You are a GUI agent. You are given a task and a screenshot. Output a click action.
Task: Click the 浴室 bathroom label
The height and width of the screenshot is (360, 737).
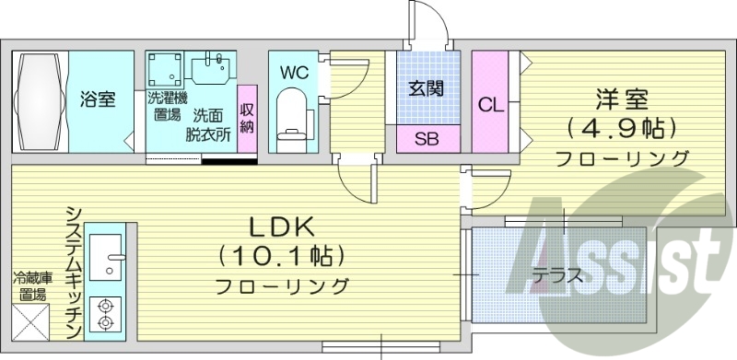pyautogui.click(x=97, y=99)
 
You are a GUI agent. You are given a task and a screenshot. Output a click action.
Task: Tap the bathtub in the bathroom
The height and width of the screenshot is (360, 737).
pyautogui.click(x=39, y=99)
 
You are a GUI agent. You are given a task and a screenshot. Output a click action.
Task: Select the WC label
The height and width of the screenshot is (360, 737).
pyautogui.click(x=293, y=70)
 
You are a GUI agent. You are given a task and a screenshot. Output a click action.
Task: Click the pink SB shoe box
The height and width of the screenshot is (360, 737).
pyautogui.click(x=427, y=140)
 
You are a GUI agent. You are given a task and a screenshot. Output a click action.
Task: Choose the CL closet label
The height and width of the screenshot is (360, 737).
pyautogui.click(x=491, y=104)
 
